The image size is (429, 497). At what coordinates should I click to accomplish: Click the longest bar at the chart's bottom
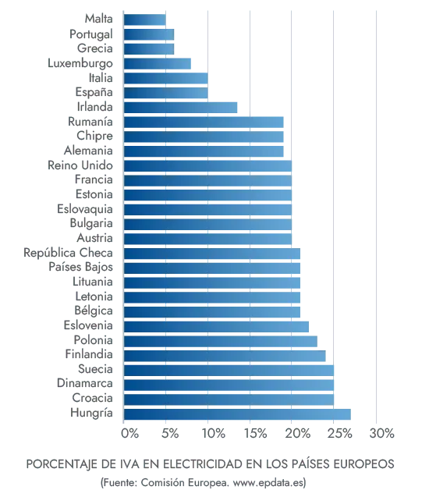(239, 414)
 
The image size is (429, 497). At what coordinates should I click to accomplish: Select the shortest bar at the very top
(145, 19)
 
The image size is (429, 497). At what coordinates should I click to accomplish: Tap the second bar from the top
(149, 34)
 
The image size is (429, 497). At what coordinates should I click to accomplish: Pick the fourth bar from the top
(158, 63)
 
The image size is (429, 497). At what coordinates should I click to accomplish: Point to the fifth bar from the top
(166, 78)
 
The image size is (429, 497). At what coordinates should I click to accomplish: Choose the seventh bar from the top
(183, 107)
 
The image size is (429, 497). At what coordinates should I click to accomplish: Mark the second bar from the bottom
(229, 399)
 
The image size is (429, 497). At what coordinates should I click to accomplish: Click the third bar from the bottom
(229, 384)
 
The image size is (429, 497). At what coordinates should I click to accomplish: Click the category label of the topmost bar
(98, 19)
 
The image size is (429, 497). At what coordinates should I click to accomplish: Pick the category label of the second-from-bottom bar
(94, 399)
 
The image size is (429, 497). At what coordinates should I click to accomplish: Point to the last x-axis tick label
(381, 433)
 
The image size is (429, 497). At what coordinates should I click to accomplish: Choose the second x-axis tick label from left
(168, 433)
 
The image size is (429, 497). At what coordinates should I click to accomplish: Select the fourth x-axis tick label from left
(253, 433)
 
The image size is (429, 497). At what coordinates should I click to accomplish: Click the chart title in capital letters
(211, 463)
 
